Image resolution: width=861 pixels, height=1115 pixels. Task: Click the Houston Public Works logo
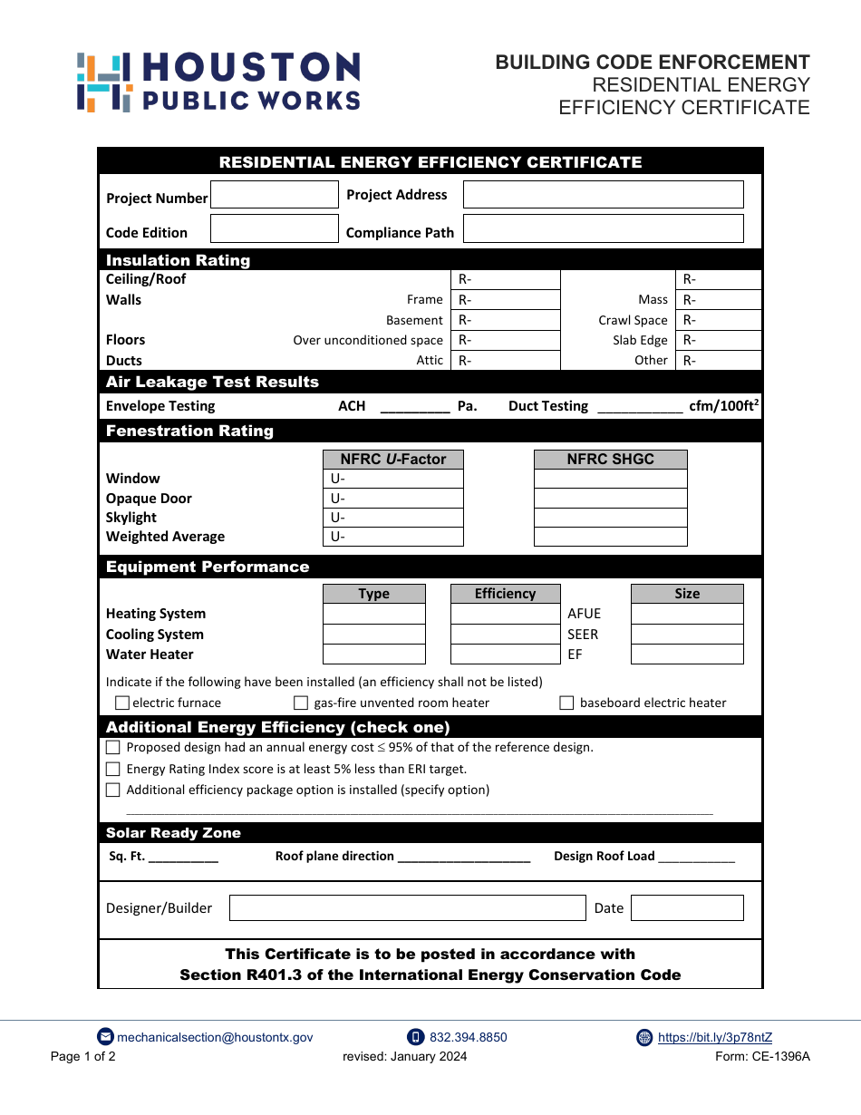click(218, 82)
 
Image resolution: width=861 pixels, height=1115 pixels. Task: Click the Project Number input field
click(274, 195)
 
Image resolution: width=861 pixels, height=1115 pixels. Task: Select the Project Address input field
click(603, 195)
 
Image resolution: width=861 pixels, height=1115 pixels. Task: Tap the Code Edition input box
click(274, 228)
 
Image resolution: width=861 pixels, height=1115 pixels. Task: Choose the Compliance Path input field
click(603, 228)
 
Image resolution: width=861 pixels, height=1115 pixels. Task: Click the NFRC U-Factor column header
click(392, 460)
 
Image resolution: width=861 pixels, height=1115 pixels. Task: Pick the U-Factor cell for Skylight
click(392, 518)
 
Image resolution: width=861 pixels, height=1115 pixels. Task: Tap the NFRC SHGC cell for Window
click(610, 479)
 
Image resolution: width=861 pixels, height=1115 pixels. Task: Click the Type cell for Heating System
click(373, 614)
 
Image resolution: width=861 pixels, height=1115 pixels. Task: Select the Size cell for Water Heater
click(686, 654)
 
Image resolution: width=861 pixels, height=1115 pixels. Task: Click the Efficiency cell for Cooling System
click(505, 635)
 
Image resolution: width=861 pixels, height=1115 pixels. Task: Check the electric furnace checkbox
click(122, 703)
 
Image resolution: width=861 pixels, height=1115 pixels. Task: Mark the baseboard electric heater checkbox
click(566, 703)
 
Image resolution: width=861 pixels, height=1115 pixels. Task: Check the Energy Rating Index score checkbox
click(113, 769)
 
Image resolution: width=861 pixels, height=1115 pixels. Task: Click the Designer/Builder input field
click(407, 908)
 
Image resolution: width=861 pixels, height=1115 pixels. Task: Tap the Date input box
click(686, 908)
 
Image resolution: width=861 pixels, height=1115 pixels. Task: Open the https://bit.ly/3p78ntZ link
click(714, 1038)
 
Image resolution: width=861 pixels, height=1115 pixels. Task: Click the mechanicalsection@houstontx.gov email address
click(215, 1038)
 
